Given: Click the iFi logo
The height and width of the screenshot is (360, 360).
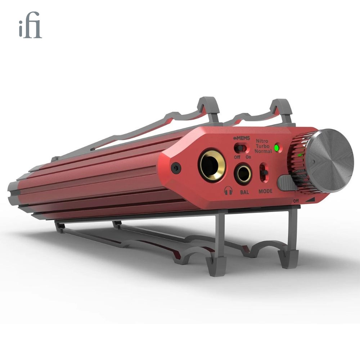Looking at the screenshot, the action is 30,25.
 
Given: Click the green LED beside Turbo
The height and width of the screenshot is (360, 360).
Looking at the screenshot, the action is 277,148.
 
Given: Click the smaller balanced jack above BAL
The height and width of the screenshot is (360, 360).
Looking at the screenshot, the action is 243,174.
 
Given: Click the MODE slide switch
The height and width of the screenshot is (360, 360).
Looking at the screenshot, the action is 264,172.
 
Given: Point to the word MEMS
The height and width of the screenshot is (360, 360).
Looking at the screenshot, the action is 243,138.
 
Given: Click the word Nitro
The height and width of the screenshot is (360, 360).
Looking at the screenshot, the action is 262,141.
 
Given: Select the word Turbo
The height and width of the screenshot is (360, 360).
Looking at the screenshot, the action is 262,146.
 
